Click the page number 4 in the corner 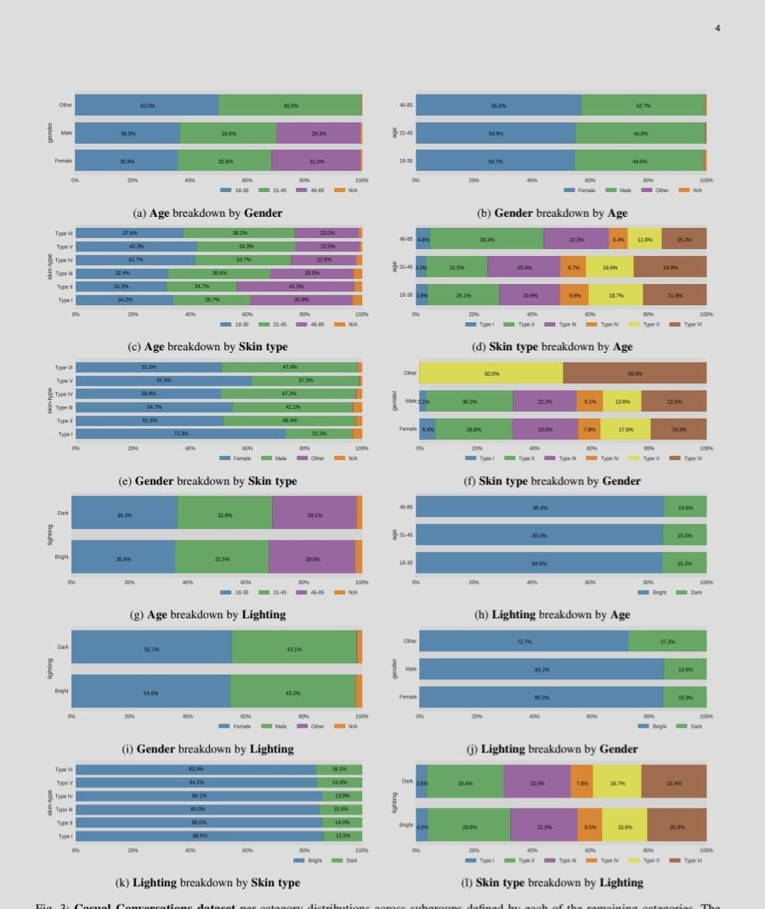pyautogui.click(x=717, y=28)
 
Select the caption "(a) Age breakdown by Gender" pyautogui.click(x=207, y=213)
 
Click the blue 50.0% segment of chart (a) pyautogui.click(x=147, y=105)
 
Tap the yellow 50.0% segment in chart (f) pyautogui.click(x=491, y=373)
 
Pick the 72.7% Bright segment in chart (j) pyautogui.click(x=524, y=641)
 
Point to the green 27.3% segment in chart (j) pyautogui.click(x=667, y=641)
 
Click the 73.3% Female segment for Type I pyautogui.click(x=180, y=434)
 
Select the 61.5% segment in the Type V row pyautogui.click(x=163, y=380)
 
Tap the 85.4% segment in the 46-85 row pyautogui.click(x=540, y=508)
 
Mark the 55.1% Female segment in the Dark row pyautogui.click(x=151, y=648)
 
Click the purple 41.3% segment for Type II pyautogui.click(x=303, y=287)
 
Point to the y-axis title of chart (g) pyautogui.click(x=49, y=535)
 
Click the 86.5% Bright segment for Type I pyautogui.click(x=200, y=836)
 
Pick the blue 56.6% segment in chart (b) pyautogui.click(x=499, y=105)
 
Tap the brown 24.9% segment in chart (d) pyautogui.click(x=670, y=267)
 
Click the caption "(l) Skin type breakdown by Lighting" pyautogui.click(x=552, y=883)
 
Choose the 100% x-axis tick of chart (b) pyautogui.click(x=705, y=180)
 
